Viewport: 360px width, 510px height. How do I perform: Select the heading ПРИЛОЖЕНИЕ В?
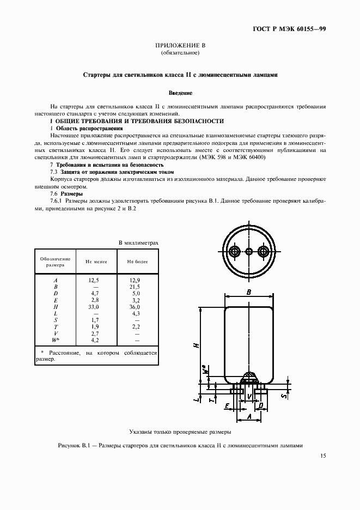point(180,46)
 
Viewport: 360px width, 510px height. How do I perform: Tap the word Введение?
point(180,93)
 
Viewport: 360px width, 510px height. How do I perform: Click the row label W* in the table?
point(55,339)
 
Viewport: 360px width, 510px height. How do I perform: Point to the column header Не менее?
point(96,262)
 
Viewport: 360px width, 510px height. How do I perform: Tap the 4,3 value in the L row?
point(135,313)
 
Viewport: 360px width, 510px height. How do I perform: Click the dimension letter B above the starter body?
point(249,293)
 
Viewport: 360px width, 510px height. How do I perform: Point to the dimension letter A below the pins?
point(249,417)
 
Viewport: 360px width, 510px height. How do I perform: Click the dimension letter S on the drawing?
point(284,396)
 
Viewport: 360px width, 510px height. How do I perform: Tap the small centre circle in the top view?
point(249,251)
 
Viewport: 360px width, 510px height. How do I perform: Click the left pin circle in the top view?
point(235,251)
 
